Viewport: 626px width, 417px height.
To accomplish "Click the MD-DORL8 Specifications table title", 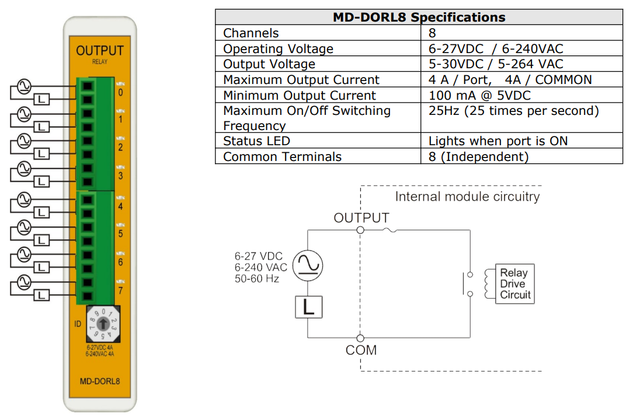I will tap(419, 17).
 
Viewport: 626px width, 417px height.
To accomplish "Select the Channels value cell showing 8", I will tap(432, 33).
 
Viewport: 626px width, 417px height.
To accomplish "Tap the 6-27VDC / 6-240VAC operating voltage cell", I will tap(496, 49).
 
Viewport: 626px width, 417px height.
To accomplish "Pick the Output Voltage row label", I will tap(269, 64).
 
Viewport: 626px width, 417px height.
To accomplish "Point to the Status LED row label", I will tap(256, 141).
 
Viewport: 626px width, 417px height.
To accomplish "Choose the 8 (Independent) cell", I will tap(478, 156).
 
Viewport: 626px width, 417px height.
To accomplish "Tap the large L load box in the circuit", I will tap(308, 307).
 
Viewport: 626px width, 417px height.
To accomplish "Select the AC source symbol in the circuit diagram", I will tap(308, 265).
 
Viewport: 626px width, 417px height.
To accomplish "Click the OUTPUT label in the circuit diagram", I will tap(361, 218).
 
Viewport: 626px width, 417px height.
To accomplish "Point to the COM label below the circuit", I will tap(361, 351).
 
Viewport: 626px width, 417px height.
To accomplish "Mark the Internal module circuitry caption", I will tap(467, 197).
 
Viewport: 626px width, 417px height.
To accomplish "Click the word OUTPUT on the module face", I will tap(100, 51).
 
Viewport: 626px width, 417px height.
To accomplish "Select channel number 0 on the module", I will tap(120, 92).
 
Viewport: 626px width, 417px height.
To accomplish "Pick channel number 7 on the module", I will tap(120, 290).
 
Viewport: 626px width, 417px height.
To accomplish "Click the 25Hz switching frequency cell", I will tap(513, 111).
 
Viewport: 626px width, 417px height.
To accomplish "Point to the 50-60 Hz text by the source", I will tap(257, 278).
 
